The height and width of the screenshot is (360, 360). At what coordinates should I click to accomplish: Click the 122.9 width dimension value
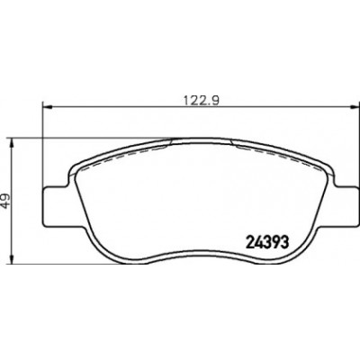coord(202,100)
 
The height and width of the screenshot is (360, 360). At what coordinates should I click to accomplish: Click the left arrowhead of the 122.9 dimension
coord(48,106)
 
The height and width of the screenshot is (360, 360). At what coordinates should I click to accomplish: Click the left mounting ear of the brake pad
coord(56,206)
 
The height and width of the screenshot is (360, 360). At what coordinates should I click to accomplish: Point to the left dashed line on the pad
coord(123,157)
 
